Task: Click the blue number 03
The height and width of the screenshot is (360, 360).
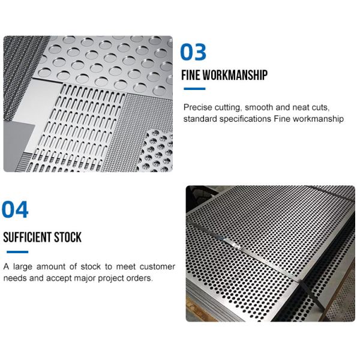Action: [x=193, y=53]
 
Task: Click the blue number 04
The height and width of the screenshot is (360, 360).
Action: [x=15, y=210]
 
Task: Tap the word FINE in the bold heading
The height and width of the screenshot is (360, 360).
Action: [x=191, y=76]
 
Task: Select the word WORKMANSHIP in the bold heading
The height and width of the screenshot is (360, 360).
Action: [x=235, y=76]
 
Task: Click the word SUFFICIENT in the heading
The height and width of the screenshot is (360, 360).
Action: [x=29, y=237]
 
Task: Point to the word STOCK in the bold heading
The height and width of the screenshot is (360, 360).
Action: [x=69, y=237]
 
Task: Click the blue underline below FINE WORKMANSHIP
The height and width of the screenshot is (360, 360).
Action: [x=194, y=89]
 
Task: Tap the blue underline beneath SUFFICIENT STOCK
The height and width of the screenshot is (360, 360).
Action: [x=16, y=251]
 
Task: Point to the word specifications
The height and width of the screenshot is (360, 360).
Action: [x=246, y=119]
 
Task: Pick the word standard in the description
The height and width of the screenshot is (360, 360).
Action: [x=200, y=119]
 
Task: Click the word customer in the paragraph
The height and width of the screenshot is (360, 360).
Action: [x=157, y=266]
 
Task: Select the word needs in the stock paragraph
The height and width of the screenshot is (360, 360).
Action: [x=14, y=278]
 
